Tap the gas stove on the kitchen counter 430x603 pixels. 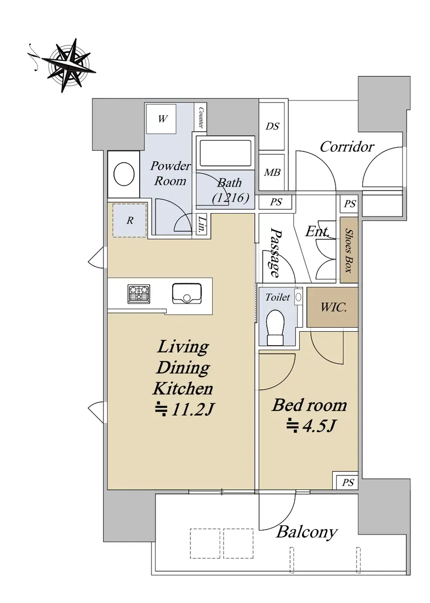139,293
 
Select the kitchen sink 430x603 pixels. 186,293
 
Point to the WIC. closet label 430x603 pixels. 333,308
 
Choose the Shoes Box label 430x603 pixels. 349,250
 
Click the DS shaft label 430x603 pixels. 272,126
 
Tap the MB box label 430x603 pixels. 272,172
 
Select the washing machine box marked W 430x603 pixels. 161,119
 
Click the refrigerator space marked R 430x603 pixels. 130,220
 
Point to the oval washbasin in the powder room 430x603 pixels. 124,174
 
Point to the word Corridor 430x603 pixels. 347,147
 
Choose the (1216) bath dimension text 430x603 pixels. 230,198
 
